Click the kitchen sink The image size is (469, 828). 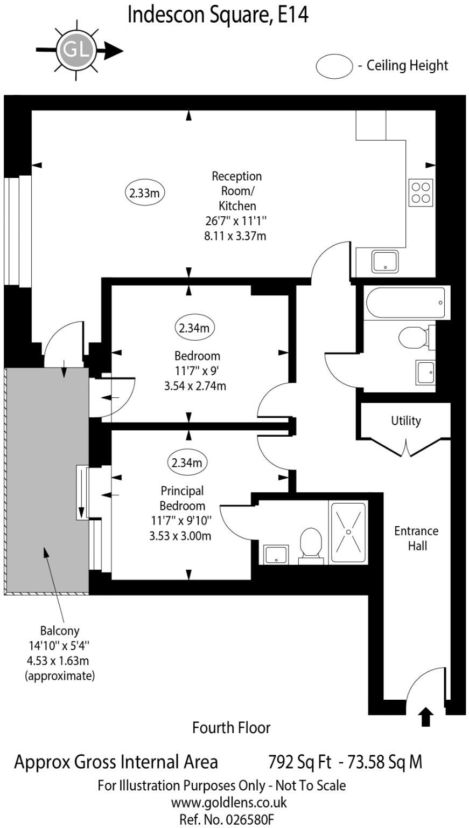385,261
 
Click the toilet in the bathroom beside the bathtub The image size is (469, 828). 414,338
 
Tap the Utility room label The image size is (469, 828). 406,421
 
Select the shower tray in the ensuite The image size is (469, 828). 348,533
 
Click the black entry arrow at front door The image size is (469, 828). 425,717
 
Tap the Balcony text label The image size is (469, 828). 60,630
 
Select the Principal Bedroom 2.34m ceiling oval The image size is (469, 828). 187,463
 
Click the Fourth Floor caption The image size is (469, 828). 231,728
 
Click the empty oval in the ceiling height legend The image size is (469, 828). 333,66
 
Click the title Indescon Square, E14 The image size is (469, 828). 218,15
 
